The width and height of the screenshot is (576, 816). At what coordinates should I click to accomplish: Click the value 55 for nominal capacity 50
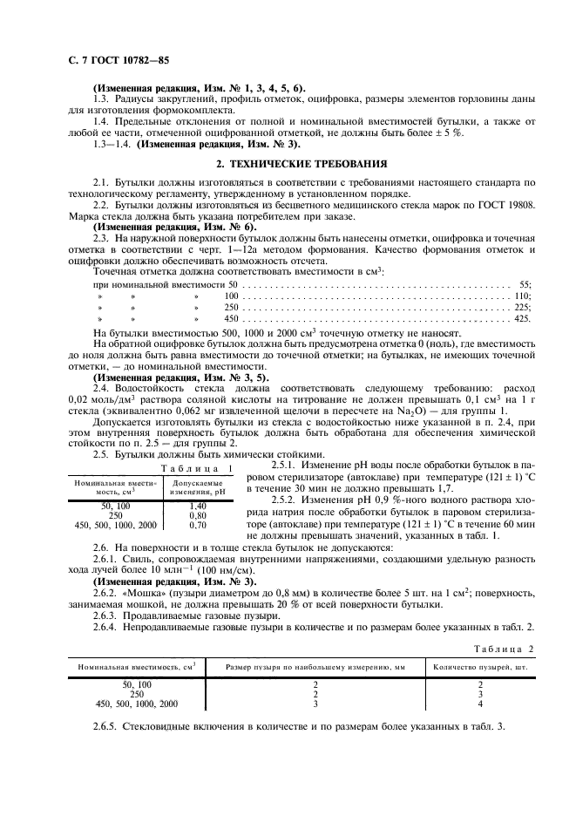(x=525, y=284)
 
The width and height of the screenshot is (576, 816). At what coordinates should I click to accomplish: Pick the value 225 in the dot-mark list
(x=522, y=307)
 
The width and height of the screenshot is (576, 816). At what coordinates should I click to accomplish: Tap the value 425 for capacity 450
(x=522, y=319)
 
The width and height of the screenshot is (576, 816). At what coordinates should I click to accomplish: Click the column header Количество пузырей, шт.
(x=480, y=667)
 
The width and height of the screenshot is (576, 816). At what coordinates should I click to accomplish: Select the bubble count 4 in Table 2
(x=480, y=704)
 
